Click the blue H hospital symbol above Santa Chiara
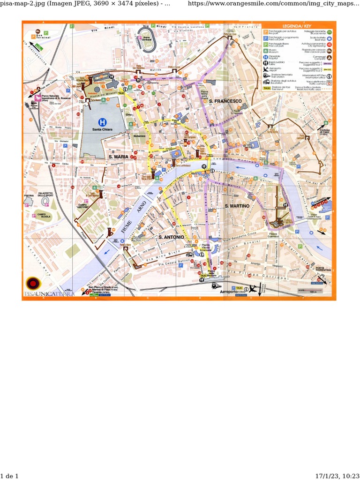pyautogui.click(x=102, y=121)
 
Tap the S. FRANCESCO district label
pyautogui.click(x=225, y=101)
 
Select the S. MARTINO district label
pyautogui.click(x=236, y=206)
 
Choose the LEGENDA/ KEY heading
pyautogui.click(x=297, y=26)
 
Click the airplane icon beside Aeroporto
pyautogui.click(x=254, y=289)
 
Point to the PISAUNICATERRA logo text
pyautogui.click(x=48, y=294)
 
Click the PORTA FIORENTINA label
pyautogui.click(x=323, y=270)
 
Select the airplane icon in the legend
pyautogui.click(x=266, y=68)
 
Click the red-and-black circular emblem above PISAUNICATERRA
pyautogui.click(x=33, y=283)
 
